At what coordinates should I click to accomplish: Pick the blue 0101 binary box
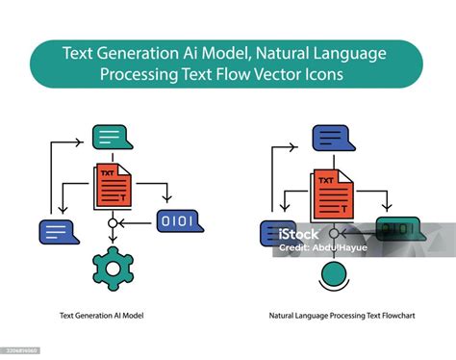pos(178,222)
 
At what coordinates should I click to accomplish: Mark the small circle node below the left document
pos(113,223)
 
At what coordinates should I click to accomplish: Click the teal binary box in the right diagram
pos(393,229)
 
